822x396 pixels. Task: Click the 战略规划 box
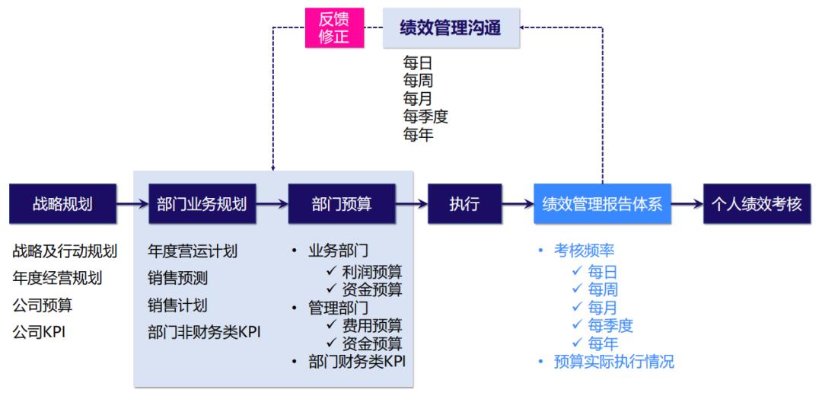tap(62, 204)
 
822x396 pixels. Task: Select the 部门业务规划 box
tap(202, 204)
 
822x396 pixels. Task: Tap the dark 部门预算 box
tap(342, 204)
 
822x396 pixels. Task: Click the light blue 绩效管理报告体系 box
tap(602, 204)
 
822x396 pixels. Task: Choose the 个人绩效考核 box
tap(757, 204)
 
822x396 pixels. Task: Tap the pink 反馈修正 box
tap(333, 28)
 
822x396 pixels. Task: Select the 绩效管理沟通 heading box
tap(451, 28)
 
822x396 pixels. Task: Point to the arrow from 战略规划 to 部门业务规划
tap(132, 204)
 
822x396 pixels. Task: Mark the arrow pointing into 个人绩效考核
tap(687, 204)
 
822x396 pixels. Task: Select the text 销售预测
tap(177, 278)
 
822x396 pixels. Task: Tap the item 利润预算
tap(372, 270)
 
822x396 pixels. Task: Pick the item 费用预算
tap(372, 325)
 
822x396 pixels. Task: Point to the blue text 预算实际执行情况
tap(614, 362)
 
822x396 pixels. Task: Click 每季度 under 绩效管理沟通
tap(425, 117)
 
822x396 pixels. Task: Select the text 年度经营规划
tap(57, 278)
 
